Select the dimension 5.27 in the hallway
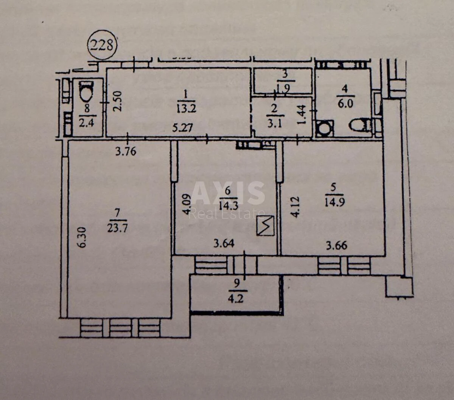[x=183, y=128]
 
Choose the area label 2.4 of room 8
[x=87, y=122]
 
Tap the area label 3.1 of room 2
[x=274, y=123]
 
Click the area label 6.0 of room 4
[x=344, y=103]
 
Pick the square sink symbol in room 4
[x=325, y=129]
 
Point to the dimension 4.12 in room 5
[x=295, y=206]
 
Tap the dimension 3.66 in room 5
[x=336, y=245]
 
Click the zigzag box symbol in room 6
[x=265, y=225]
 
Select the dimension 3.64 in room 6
[x=224, y=243]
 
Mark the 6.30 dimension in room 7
[x=83, y=237]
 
